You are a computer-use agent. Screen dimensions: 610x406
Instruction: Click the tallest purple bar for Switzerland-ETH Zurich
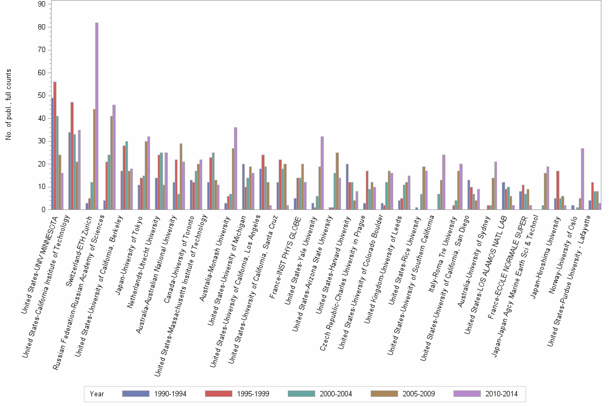click(x=97, y=116)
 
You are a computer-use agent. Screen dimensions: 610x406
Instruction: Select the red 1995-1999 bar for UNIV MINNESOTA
click(x=55, y=146)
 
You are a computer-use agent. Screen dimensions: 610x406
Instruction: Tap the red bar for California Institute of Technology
click(x=72, y=156)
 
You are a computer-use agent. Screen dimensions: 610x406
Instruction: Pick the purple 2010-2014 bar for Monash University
click(x=236, y=169)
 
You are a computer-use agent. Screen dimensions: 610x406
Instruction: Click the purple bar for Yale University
click(x=322, y=173)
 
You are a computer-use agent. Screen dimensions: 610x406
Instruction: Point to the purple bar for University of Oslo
click(x=583, y=179)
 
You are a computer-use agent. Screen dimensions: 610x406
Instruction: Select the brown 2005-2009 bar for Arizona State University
click(x=337, y=181)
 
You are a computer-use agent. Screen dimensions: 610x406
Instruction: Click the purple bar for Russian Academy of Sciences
click(x=114, y=157)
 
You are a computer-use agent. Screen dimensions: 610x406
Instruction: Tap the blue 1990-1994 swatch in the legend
click(x=136, y=394)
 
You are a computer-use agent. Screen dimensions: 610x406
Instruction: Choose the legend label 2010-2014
click(x=501, y=394)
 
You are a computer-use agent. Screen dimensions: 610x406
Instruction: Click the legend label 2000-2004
click(x=336, y=394)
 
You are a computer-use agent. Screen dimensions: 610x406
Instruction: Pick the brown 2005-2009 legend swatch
click(x=384, y=394)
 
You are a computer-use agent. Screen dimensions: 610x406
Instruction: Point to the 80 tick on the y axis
click(x=49, y=27)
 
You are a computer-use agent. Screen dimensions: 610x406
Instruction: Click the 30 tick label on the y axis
click(x=41, y=141)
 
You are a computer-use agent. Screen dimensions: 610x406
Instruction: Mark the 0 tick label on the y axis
click(x=44, y=210)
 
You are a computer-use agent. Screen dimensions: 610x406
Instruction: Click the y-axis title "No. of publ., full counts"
click(x=9, y=105)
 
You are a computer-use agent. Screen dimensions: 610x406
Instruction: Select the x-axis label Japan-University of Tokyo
click(x=130, y=255)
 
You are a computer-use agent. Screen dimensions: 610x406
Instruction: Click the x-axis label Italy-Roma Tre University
click(x=442, y=254)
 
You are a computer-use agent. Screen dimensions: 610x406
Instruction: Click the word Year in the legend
click(x=97, y=394)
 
